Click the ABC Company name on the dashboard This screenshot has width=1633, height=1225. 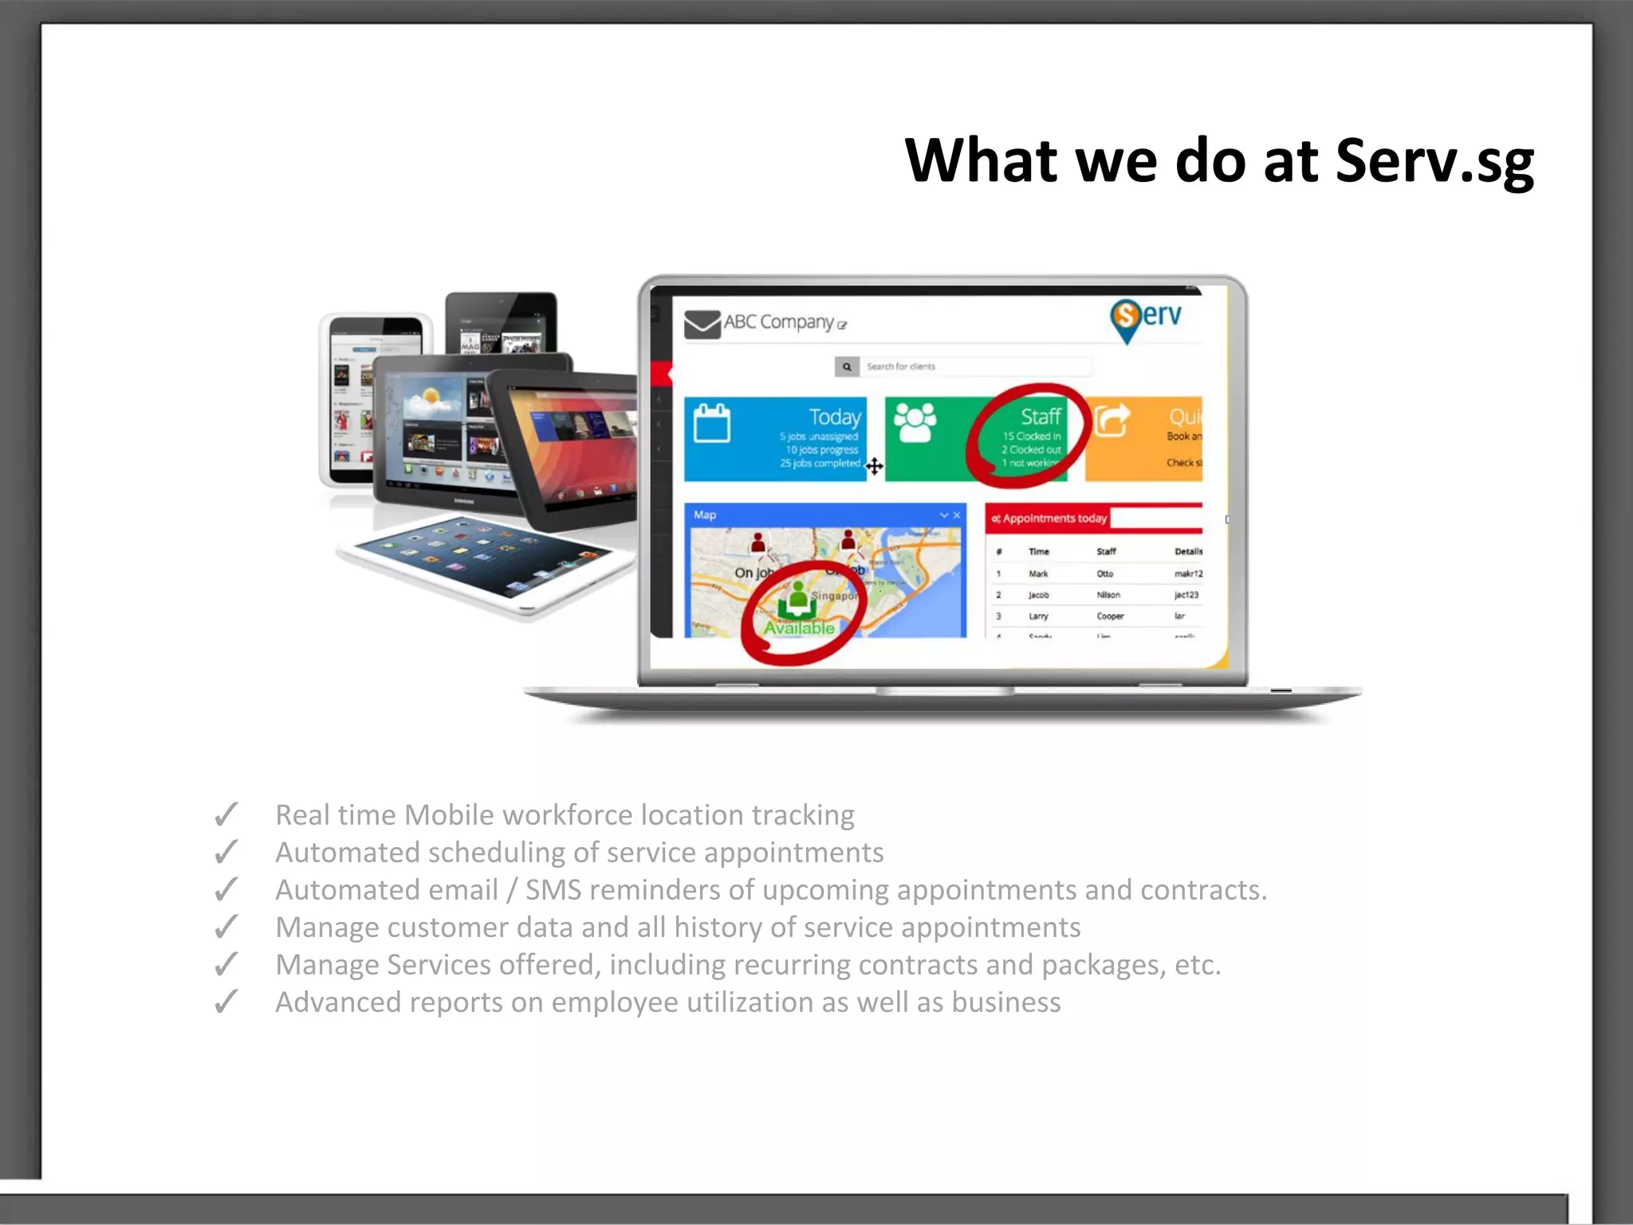tap(778, 322)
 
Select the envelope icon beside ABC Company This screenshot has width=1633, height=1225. tap(702, 324)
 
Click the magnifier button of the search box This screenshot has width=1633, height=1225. tap(847, 367)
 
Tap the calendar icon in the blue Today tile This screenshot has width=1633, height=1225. tap(711, 423)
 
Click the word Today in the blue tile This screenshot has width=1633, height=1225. tap(834, 417)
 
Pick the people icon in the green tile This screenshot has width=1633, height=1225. tap(915, 422)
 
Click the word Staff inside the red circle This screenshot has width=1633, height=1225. tap(1041, 416)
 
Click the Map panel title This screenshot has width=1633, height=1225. tap(705, 515)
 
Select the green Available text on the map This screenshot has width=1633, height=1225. tap(799, 628)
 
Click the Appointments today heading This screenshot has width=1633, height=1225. tap(1054, 518)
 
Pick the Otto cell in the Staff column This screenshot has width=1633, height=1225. tap(1104, 573)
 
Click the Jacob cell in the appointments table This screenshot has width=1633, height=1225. tap(1038, 595)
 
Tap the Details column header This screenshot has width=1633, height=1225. tap(1187, 551)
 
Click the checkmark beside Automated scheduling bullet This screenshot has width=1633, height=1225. tap(226, 853)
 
